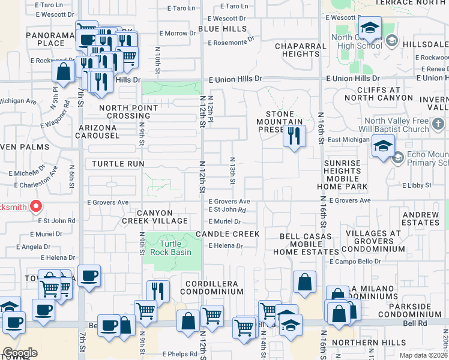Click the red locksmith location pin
pyautogui.click(x=35, y=207)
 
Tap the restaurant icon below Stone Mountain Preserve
pyautogui.click(x=294, y=136)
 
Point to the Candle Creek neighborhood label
pyautogui.click(x=228, y=234)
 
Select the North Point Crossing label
pyautogui.click(x=125, y=111)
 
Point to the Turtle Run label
pyautogui.click(x=118, y=163)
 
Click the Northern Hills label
pyautogui.click(x=364, y=343)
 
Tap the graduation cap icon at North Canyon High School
pyautogui.click(x=370, y=28)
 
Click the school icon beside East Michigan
pyautogui.click(x=383, y=146)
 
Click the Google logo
pyautogui.click(x=20, y=353)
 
